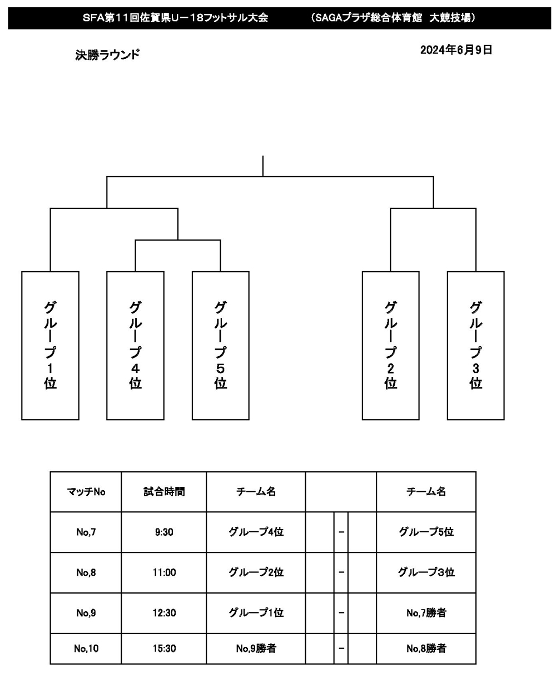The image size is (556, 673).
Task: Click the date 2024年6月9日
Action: tap(456, 50)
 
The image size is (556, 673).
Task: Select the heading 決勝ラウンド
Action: tap(107, 55)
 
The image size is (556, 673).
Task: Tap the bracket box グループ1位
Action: tap(50, 345)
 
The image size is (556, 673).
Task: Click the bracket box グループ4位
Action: tap(135, 345)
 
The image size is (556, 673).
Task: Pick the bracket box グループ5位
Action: tap(220, 345)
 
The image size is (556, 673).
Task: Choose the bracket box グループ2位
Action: tap(390, 345)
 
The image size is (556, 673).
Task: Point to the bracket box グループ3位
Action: tap(475, 345)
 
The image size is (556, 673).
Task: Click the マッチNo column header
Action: tap(86, 492)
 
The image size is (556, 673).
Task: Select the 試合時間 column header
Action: tap(164, 492)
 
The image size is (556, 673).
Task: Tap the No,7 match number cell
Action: tap(86, 532)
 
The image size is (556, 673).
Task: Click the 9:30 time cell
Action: tap(164, 532)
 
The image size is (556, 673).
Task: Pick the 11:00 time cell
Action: tap(164, 572)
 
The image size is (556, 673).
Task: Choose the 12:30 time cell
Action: tap(164, 613)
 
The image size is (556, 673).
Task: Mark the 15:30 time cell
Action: tap(164, 649)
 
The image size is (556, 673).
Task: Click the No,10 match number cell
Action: tap(86, 649)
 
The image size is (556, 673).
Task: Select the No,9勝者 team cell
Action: tap(256, 649)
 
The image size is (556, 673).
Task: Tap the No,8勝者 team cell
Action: tap(426, 649)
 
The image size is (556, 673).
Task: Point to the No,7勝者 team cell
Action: tap(426, 613)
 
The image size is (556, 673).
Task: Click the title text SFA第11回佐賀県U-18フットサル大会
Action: tap(175, 18)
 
